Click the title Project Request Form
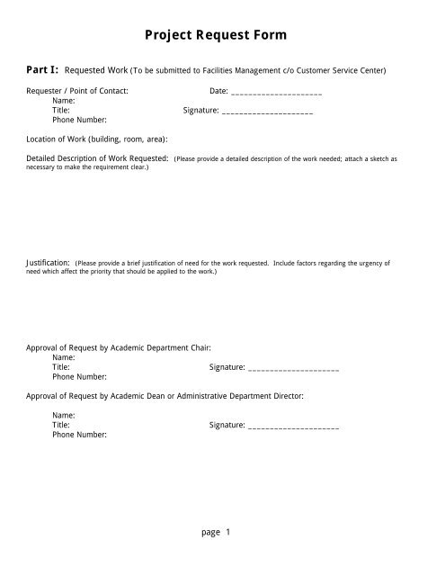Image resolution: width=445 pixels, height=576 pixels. click(222, 36)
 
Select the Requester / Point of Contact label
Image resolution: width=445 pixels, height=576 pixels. click(77, 92)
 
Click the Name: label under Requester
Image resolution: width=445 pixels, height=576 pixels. click(64, 102)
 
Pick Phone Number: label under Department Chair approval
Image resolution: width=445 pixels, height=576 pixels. click(79, 377)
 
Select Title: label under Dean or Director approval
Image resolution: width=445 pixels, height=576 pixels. click(61, 424)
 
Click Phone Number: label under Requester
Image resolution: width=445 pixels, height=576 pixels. click(79, 120)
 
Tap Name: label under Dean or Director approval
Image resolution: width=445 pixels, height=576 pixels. click(64, 414)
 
